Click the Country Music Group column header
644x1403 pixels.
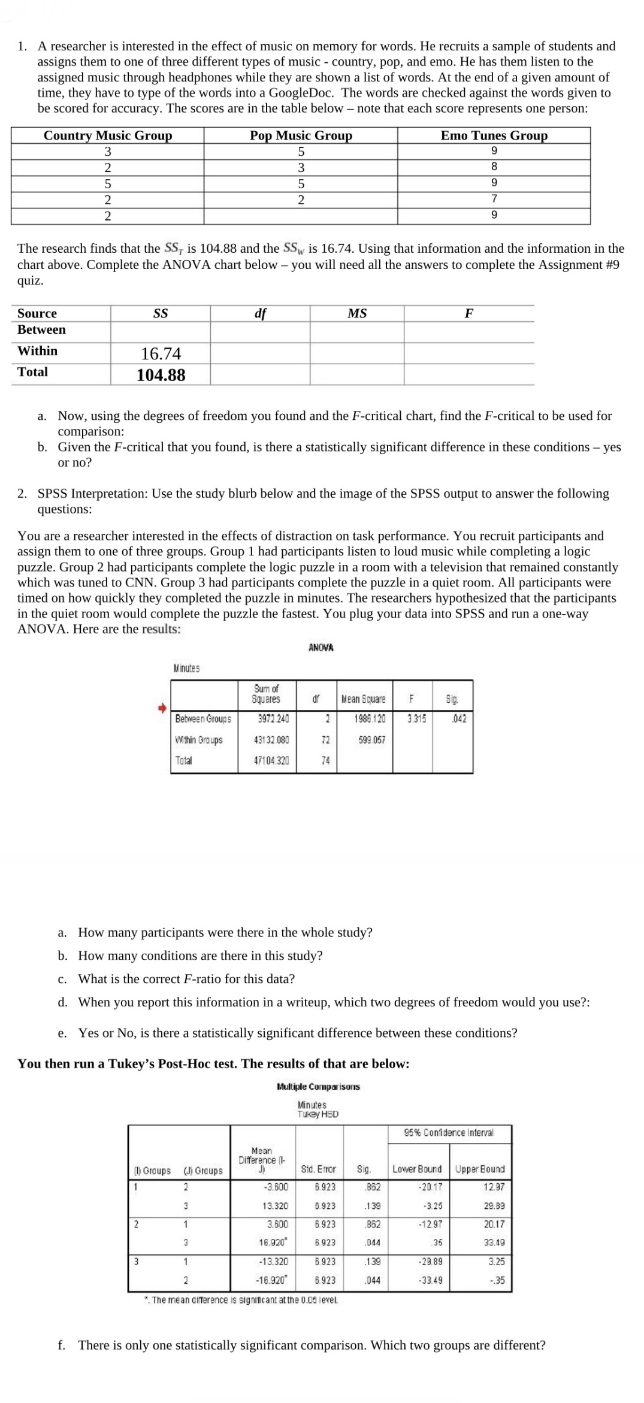coord(108,136)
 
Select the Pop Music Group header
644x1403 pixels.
coord(301,136)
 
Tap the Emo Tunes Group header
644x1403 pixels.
coord(494,136)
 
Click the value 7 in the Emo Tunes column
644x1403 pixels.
coord(494,198)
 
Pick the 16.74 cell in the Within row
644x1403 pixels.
coord(161,354)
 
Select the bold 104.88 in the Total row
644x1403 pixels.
coord(161,375)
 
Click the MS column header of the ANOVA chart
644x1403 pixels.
coord(357,313)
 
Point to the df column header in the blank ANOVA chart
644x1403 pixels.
coord(260,313)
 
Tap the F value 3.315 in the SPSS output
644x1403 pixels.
coord(416,719)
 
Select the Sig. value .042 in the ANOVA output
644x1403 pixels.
coord(458,719)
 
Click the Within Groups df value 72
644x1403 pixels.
coord(325,740)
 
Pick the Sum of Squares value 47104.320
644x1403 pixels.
coord(271,761)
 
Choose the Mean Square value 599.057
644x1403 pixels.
coord(371,740)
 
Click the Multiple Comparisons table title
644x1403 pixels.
coord(318,1087)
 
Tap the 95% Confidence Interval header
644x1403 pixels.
coord(449,1133)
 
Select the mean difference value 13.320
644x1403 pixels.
coord(275,1206)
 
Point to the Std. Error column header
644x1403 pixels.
coord(318,1169)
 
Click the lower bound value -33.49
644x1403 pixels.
coord(431,1280)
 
